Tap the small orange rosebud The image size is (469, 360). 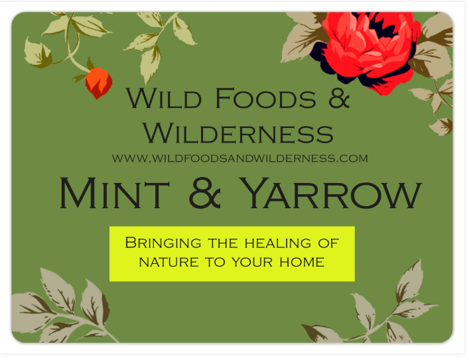tap(98, 82)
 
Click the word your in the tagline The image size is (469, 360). tap(254, 262)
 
